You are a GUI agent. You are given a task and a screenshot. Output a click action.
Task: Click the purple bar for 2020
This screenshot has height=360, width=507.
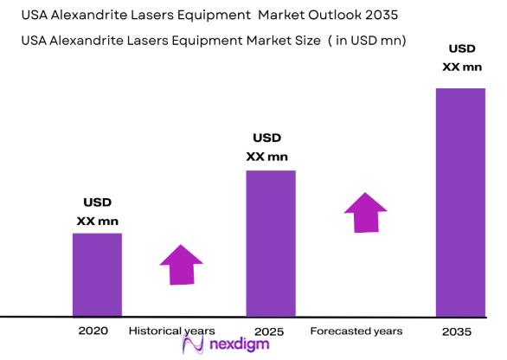coord(97,274)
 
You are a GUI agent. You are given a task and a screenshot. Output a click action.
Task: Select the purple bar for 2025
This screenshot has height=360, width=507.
coord(271,243)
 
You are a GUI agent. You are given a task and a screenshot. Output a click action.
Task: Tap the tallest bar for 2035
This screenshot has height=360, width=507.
coord(460,202)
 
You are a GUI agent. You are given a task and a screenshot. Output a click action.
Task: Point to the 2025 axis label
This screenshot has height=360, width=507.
coord(270,331)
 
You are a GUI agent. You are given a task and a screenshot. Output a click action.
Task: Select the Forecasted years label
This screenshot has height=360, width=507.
coord(356,331)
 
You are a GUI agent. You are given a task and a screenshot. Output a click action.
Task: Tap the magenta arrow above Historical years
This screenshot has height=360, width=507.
coord(181,263)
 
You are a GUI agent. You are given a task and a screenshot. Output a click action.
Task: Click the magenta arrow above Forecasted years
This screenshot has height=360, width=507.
coord(365,211)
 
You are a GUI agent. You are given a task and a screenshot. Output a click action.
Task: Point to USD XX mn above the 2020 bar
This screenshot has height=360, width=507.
coord(97,213)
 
